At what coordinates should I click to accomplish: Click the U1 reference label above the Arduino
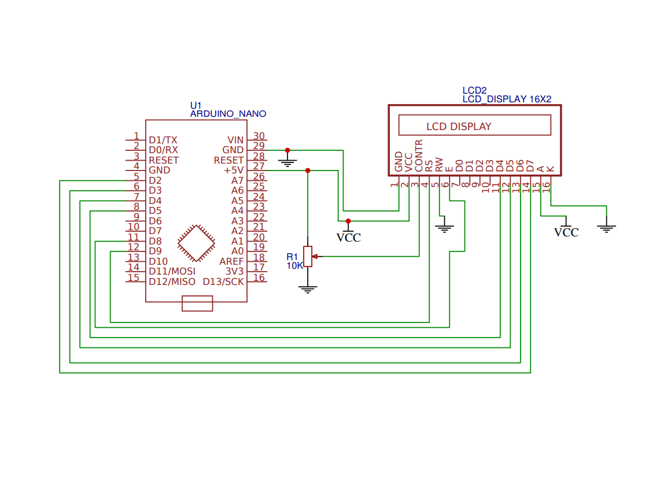[196, 105]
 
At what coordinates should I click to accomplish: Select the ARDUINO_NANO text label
[228, 114]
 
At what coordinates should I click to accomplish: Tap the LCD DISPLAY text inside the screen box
[459, 127]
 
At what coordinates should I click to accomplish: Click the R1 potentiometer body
[308, 256]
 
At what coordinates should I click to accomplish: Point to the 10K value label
[295, 266]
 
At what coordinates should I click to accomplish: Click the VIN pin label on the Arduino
[235, 140]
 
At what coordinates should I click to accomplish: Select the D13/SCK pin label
[223, 281]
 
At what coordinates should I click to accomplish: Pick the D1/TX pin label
[163, 140]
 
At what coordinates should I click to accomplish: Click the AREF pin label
[231, 261]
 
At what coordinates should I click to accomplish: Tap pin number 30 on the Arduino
[259, 136]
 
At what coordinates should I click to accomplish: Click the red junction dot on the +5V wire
[308, 171]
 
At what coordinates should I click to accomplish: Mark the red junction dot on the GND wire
[287, 150]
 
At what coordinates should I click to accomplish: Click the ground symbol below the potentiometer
[308, 289]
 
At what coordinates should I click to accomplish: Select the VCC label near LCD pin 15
[566, 232]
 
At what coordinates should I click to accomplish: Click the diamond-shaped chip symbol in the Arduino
[197, 243]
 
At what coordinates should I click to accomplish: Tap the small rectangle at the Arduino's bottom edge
[197, 303]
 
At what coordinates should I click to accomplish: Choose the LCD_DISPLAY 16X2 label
[507, 99]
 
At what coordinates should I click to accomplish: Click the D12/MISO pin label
[172, 281]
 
